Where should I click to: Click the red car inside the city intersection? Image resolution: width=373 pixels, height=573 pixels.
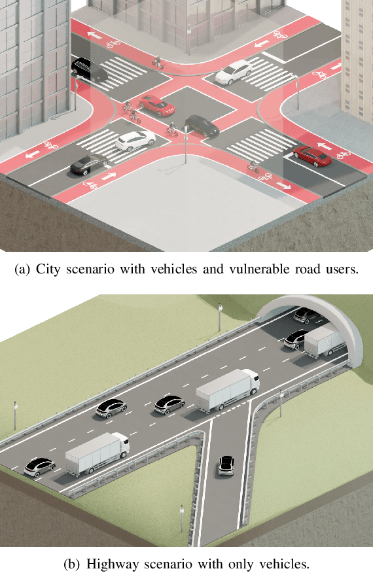coord(156,104)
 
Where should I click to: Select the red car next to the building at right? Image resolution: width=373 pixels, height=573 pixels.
coord(311,156)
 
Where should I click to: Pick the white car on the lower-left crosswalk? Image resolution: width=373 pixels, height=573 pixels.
coord(135,140)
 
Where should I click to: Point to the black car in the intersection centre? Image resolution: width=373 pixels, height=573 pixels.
coord(202,126)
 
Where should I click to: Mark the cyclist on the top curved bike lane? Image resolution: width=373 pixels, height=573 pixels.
coord(157,61)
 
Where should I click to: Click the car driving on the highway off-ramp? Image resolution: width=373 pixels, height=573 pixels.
coord(226,465)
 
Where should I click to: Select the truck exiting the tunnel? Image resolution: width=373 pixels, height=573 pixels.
coord(324,342)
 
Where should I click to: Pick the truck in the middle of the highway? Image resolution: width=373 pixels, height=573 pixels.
coord(226,390)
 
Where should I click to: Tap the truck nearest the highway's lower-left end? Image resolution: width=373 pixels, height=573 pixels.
coord(97,453)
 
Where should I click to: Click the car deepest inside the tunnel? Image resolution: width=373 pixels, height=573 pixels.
coord(302,315)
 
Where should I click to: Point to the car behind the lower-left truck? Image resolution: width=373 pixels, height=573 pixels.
coord(38,467)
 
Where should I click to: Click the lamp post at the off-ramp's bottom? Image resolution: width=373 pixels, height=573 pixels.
coord(181,517)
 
